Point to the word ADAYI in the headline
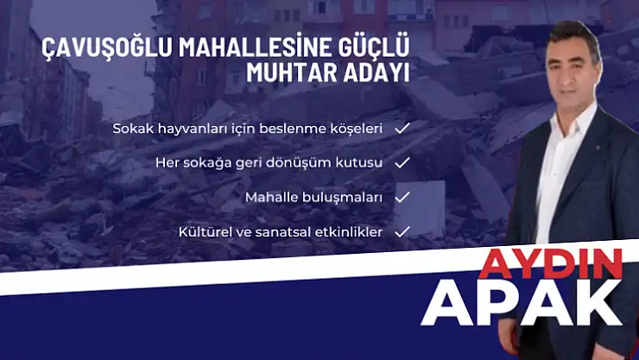(x=374, y=73)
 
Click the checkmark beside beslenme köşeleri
(x=402, y=128)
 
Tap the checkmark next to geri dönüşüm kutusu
(x=402, y=162)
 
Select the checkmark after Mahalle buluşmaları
(x=402, y=197)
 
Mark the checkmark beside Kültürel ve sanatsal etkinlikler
(x=402, y=231)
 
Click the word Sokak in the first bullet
(x=130, y=129)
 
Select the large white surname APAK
(x=527, y=302)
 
